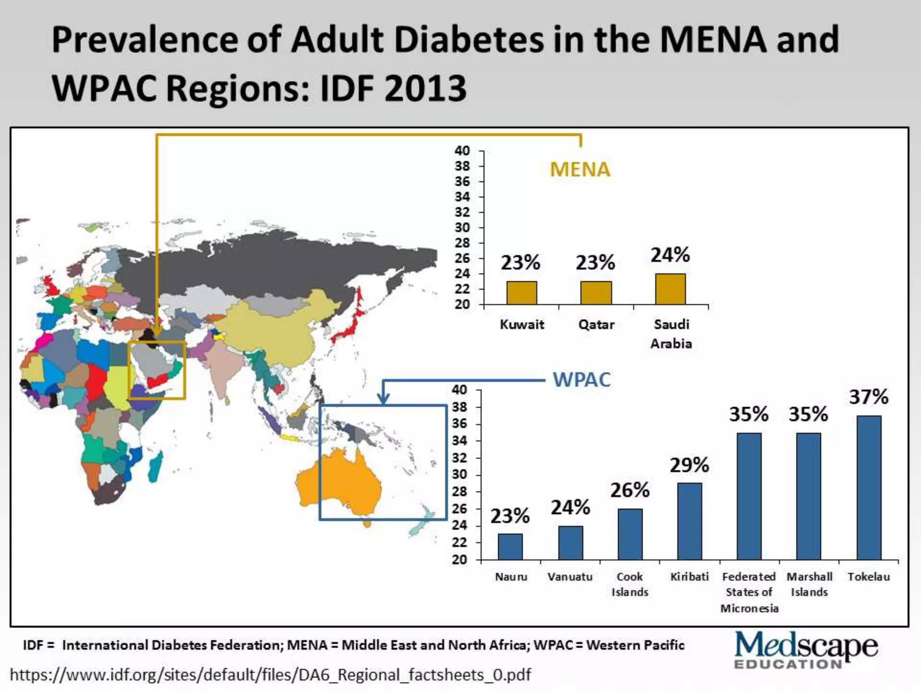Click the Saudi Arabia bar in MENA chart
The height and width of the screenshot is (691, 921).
coord(670,289)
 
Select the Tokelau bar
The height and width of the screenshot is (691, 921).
coord(868,488)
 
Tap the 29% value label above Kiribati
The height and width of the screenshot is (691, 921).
coord(689,465)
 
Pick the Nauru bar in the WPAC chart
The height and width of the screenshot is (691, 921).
coord(510,547)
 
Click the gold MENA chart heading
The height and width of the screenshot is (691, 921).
coord(580,170)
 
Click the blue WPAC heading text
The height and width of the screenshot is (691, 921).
coord(581,380)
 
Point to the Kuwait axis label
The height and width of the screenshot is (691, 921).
coord(522,324)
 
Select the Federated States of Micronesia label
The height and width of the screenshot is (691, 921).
coord(749,592)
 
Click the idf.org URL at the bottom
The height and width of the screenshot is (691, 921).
coord(270,675)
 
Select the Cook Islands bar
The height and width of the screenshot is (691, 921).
coord(630,534)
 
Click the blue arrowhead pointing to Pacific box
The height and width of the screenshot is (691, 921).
coord(383,398)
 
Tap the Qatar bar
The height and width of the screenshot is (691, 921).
coord(596,293)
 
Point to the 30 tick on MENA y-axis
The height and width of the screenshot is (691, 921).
coord(462,228)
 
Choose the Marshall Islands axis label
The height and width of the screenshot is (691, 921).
coord(809,584)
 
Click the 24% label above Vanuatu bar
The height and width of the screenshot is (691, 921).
coord(570,508)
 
